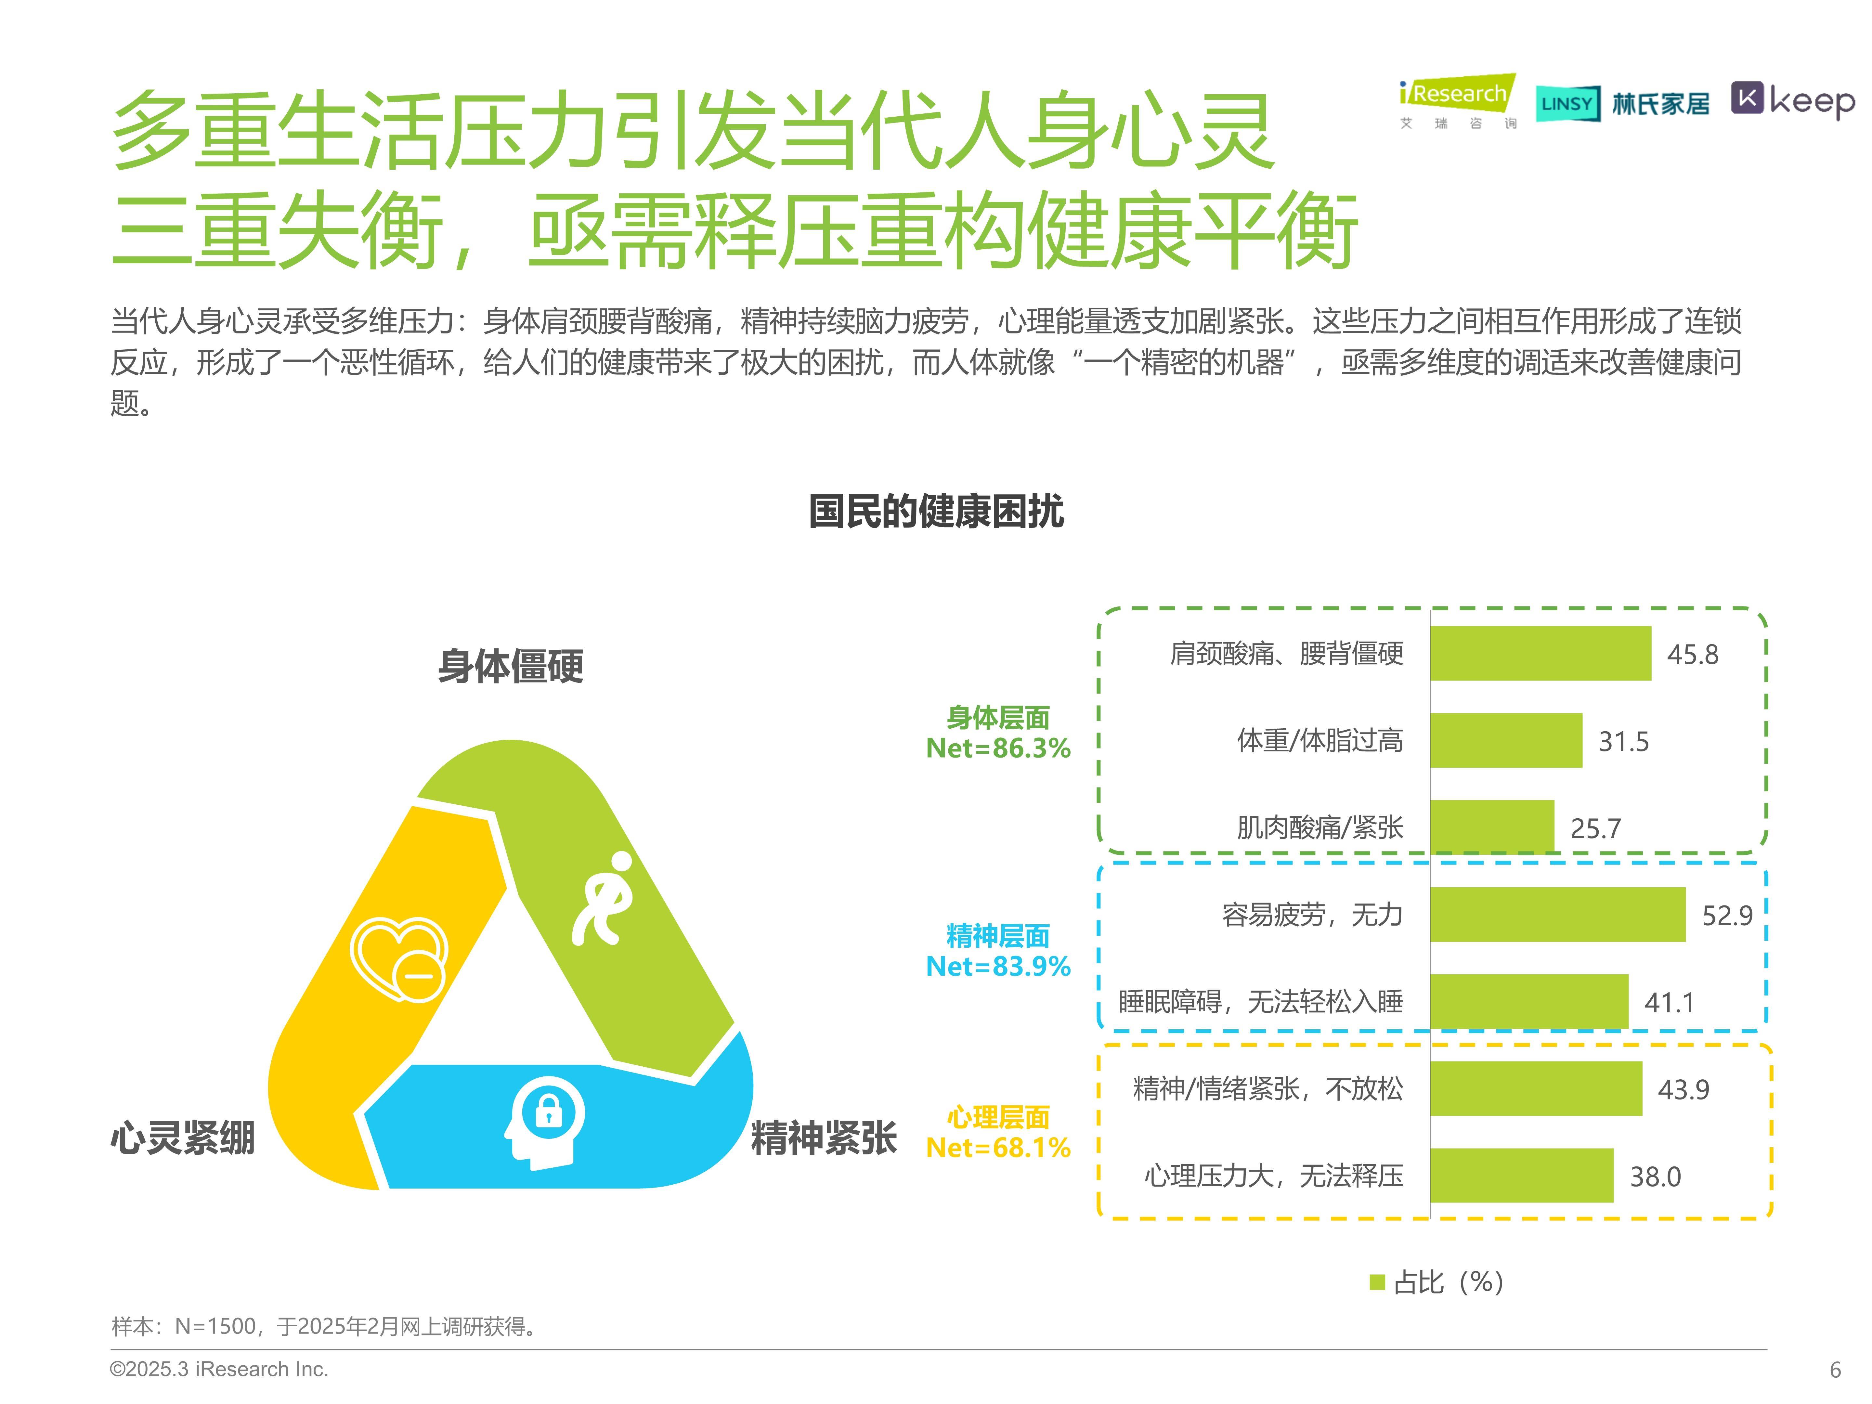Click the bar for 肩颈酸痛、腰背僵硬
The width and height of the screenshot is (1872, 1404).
1540,653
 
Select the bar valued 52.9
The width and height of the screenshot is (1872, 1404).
1557,914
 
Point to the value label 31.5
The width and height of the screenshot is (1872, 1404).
1623,741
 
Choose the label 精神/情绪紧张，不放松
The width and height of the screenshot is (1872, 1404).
1268,1088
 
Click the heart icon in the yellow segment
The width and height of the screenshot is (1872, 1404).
398,959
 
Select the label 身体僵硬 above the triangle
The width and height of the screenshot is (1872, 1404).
510,666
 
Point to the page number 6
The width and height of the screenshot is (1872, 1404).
1835,1369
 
